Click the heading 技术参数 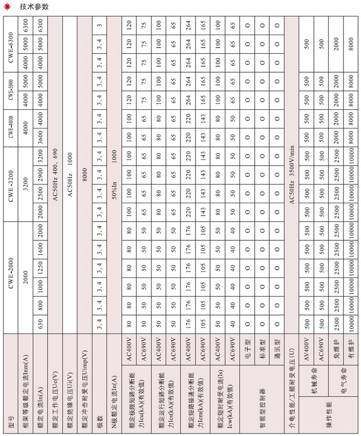tap(34, 7)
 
